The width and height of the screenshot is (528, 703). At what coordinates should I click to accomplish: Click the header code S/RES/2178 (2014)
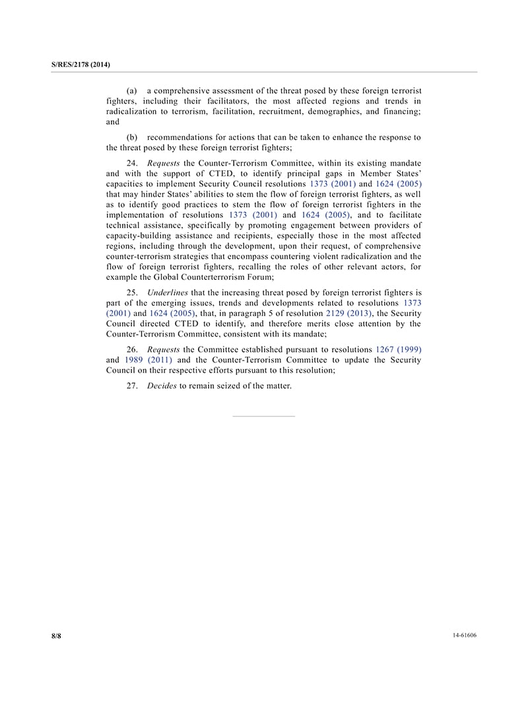pos(81,64)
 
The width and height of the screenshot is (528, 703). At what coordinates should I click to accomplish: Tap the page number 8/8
pos(56,636)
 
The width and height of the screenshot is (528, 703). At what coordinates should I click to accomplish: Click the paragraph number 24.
pos(132,163)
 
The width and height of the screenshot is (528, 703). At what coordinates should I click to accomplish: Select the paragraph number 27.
pos(132,385)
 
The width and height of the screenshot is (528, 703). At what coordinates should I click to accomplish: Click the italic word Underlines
pos(168,292)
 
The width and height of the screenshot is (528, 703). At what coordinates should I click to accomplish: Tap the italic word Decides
pos(162,385)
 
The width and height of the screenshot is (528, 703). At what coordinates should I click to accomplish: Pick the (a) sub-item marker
pos(132,90)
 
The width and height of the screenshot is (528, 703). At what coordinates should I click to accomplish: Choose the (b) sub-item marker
pos(132,137)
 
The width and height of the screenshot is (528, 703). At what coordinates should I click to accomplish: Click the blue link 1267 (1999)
pos(399,349)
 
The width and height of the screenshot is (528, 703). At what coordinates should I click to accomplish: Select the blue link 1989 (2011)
pos(148,360)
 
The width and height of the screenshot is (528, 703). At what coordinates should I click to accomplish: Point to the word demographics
pos(336,111)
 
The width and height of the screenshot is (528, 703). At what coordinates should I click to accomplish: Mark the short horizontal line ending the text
pos(263,417)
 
